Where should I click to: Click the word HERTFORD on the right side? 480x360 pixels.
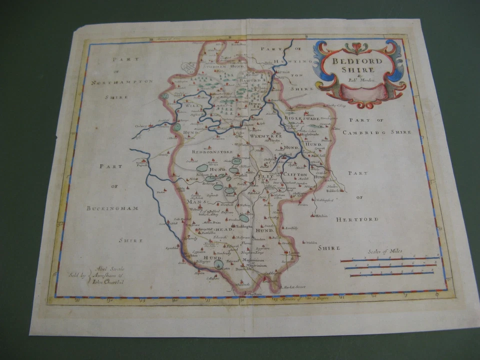(357, 219)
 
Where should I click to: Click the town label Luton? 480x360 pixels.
(294, 253)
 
